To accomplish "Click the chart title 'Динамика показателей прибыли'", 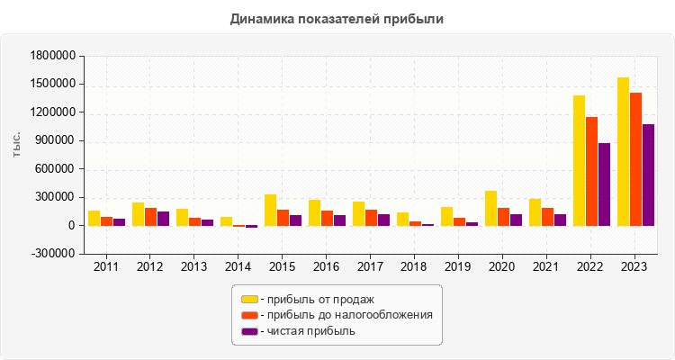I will (x=337, y=18).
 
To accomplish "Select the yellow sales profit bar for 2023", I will (x=623, y=151).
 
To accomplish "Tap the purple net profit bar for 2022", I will (x=604, y=184).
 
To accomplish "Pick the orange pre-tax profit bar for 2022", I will (x=591, y=171).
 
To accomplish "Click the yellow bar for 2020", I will (x=490, y=208).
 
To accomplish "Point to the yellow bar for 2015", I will (x=270, y=210).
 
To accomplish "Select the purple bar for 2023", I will (x=648, y=175).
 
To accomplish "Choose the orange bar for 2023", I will (x=635, y=159).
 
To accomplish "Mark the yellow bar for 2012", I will (x=138, y=214).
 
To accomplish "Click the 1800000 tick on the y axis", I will (x=52, y=56).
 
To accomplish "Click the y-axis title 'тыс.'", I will (x=17, y=142).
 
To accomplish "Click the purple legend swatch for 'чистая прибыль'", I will (x=249, y=331).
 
